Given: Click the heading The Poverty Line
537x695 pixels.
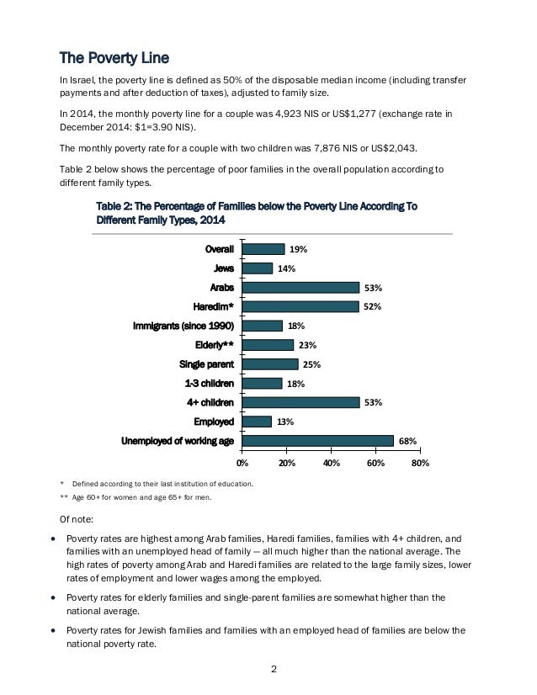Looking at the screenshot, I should click(114, 58).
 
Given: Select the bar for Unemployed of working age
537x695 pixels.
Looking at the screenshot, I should click(317, 440).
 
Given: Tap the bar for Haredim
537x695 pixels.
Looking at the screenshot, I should click(300, 306).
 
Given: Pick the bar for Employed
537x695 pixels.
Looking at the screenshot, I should click(256, 422).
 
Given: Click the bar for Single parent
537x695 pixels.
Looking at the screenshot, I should click(269, 363).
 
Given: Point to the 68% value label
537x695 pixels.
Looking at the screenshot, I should click(408, 440).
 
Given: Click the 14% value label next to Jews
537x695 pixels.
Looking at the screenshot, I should click(286, 268).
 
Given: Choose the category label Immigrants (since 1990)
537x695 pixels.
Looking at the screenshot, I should click(183, 326).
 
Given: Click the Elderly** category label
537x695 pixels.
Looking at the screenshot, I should click(214, 345).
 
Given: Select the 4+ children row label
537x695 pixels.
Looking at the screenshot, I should click(210, 402).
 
